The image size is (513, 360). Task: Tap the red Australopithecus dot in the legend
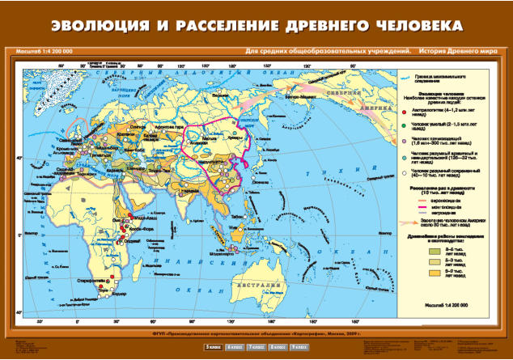pyautogui.click(x=404, y=111)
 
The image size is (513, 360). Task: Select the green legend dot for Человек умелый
pyautogui.click(x=404, y=126)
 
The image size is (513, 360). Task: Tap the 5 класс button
pyautogui.click(x=213, y=346)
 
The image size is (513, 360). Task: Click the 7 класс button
pyautogui.click(x=256, y=346)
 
